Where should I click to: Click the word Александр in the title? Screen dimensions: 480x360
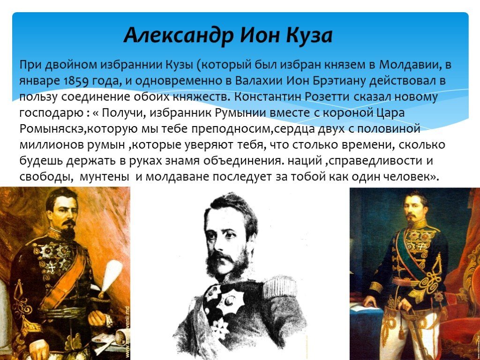[179, 35]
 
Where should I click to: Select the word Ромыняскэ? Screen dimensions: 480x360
[51, 129]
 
